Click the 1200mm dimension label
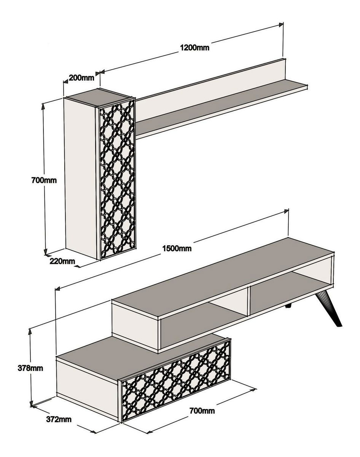(194, 48)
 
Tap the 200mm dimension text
(81, 78)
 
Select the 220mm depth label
(62, 261)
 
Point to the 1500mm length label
(177, 248)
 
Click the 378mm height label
(30, 368)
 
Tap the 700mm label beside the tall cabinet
(44, 180)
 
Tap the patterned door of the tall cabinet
(117, 179)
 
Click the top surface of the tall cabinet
(99, 97)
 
